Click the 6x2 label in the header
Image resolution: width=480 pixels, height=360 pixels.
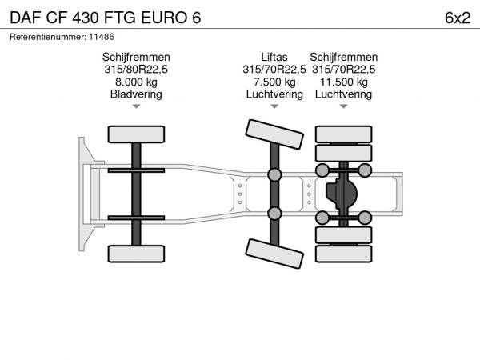click(x=458, y=18)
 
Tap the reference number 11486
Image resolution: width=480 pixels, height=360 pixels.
click(x=102, y=37)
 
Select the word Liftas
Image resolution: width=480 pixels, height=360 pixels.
click(x=274, y=57)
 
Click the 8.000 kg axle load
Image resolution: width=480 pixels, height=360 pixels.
click(x=136, y=82)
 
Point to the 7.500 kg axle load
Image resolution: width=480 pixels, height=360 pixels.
click(x=274, y=82)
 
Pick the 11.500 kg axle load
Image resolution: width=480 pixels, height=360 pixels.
click(x=344, y=82)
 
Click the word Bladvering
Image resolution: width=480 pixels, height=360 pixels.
click(x=136, y=94)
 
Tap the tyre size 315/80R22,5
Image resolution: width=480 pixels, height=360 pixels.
click(x=136, y=69)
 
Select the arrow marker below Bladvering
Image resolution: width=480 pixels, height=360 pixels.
click(x=136, y=106)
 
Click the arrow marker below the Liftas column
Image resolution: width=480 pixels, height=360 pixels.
click(x=274, y=106)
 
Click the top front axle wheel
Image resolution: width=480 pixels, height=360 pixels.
click(x=136, y=134)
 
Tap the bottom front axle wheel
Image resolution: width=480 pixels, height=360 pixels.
click(x=136, y=254)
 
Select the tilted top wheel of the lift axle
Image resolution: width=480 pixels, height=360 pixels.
click(x=274, y=134)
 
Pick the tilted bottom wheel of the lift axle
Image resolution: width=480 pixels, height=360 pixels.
click(x=274, y=254)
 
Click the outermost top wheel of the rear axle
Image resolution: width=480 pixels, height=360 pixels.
click(x=344, y=134)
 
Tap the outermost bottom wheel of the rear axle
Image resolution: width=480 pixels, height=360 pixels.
click(x=344, y=254)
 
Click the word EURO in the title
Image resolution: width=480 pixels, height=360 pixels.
click(x=164, y=18)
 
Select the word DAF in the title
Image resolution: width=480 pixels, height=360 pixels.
click(x=26, y=18)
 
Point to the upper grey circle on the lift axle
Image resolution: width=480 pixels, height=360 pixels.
click(x=274, y=174)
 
